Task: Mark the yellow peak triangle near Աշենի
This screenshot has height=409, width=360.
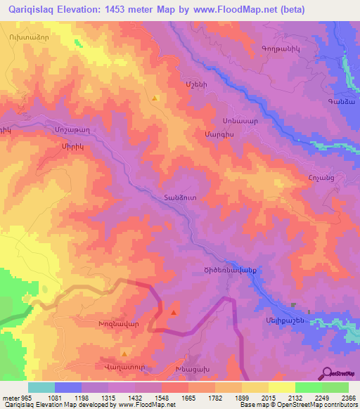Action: (155, 98)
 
